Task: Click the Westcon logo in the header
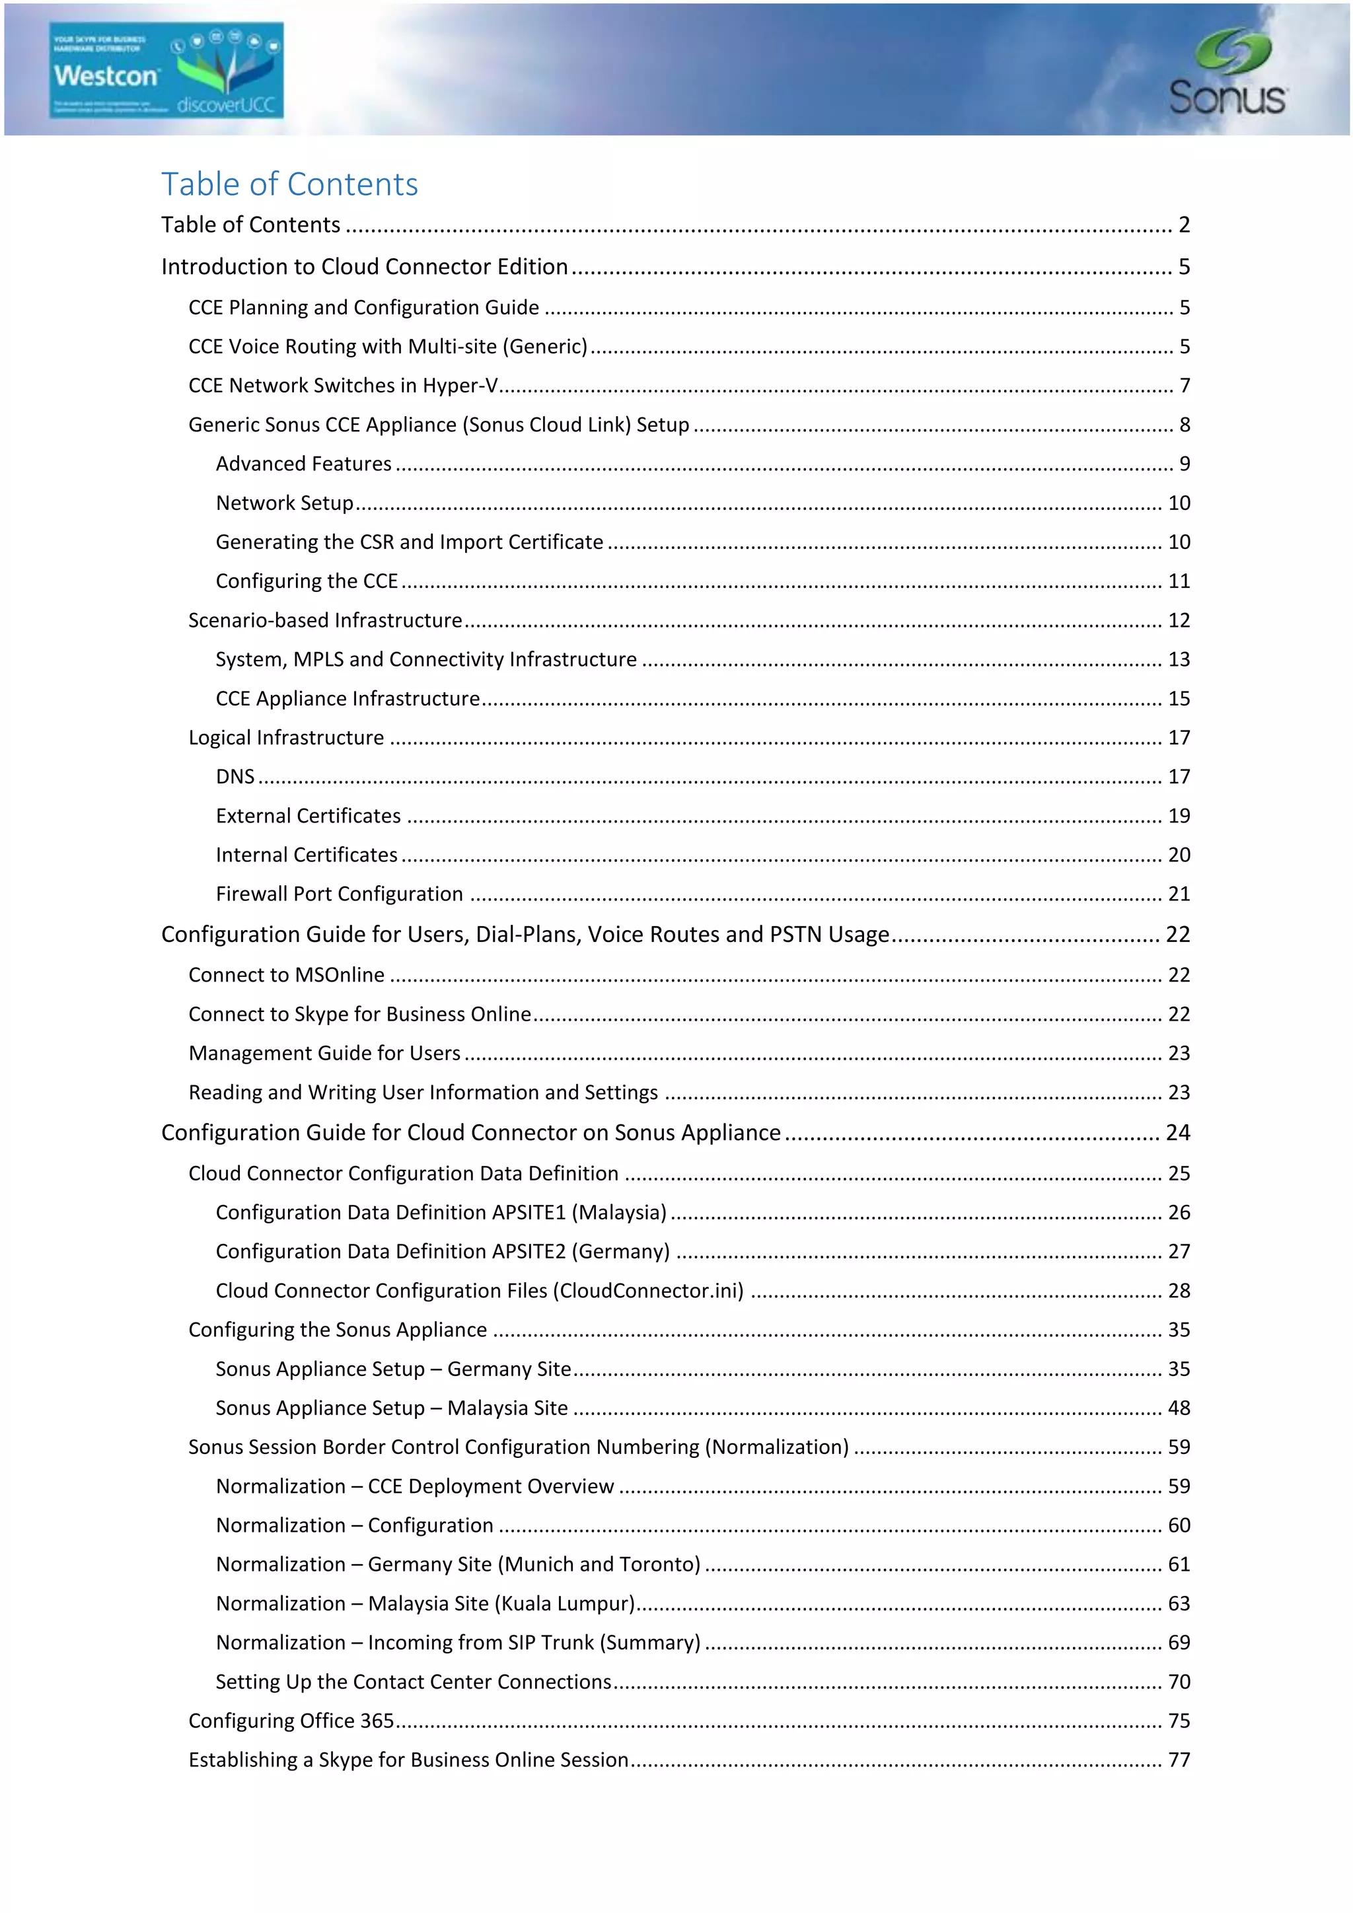point(166,71)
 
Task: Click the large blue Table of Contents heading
point(289,184)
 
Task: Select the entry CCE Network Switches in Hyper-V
point(342,386)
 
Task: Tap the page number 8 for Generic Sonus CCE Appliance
point(1184,425)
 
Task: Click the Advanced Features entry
point(303,464)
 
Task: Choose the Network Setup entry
point(284,503)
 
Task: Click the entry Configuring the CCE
point(306,581)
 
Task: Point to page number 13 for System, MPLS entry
point(1178,660)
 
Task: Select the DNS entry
point(235,777)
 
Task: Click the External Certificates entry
point(307,816)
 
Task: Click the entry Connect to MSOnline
point(286,976)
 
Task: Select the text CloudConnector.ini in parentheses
point(651,1291)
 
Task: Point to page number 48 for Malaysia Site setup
point(1178,1409)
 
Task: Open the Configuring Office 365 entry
point(291,1721)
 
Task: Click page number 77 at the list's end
point(1178,1760)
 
